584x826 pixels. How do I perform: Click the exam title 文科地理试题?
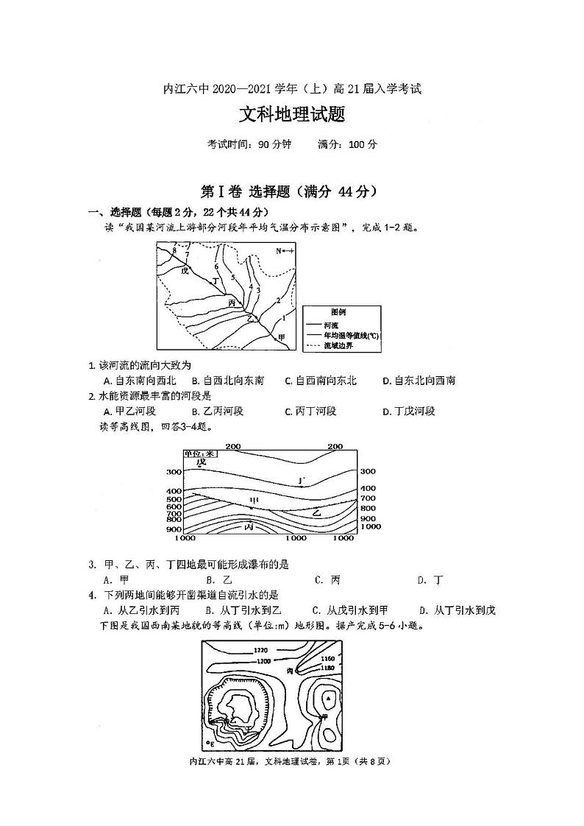click(x=292, y=116)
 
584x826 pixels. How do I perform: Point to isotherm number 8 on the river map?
click(x=174, y=251)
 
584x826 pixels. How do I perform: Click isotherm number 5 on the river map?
click(x=232, y=278)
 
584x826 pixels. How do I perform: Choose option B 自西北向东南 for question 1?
click(x=227, y=381)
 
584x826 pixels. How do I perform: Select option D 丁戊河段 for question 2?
click(x=409, y=411)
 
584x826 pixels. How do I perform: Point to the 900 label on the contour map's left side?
click(x=174, y=529)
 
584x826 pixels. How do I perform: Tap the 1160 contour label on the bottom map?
click(x=328, y=658)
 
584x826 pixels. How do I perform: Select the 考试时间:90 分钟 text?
click(x=249, y=144)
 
